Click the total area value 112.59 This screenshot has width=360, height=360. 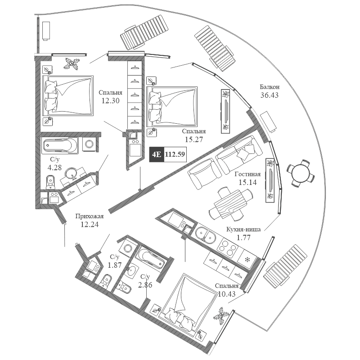tap(175, 154)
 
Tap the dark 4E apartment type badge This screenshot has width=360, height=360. tap(157, 154)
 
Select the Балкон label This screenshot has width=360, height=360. tap(270, 87)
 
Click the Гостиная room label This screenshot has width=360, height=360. tap(247, 174)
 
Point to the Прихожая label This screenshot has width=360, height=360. tap(90, 216)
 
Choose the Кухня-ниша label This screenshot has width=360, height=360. tap(243, 229)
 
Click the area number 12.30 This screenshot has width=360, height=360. tap(111, 101)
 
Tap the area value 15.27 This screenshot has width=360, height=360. tap(194, 139)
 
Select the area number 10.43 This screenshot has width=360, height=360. tap(227, 294)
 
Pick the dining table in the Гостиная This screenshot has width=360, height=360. tap(231, 203)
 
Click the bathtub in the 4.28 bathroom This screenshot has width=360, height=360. tap(60, 145)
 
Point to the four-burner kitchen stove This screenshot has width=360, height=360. tap(227, 247)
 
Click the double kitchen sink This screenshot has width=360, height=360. tap(206, 235)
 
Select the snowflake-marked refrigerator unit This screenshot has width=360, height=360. tap(247, 260)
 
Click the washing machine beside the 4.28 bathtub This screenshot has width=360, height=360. tap(89, 144)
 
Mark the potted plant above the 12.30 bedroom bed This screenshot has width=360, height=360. tap(72, 64)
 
